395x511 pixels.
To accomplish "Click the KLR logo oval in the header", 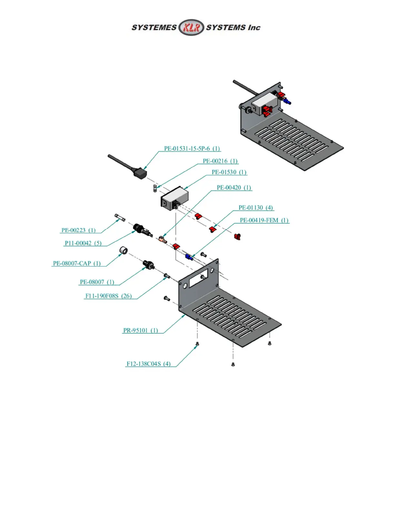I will pos(191,27).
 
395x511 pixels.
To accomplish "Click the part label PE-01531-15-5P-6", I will pos(192,149).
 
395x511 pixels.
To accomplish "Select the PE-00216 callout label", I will pos(220,161).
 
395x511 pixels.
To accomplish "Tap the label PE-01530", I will pos(229,172).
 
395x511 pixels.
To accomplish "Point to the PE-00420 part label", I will pos(234,188).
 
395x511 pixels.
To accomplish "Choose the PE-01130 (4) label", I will pos(256,208).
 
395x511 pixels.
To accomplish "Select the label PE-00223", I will pos(78,230).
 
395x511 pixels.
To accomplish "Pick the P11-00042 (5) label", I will pos(83,243).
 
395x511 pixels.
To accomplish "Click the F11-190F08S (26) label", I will pos(108,296).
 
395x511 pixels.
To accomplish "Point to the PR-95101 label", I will pos(140,331).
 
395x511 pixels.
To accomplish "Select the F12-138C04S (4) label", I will pos(148,364).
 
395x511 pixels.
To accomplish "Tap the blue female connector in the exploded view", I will pos(189,257).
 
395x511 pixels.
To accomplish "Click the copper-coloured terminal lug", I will pos(162,239).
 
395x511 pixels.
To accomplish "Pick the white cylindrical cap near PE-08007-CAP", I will pos(123,250).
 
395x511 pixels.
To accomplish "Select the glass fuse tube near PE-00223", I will pos(120,217).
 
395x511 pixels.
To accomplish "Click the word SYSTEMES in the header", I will pos(154,28).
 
